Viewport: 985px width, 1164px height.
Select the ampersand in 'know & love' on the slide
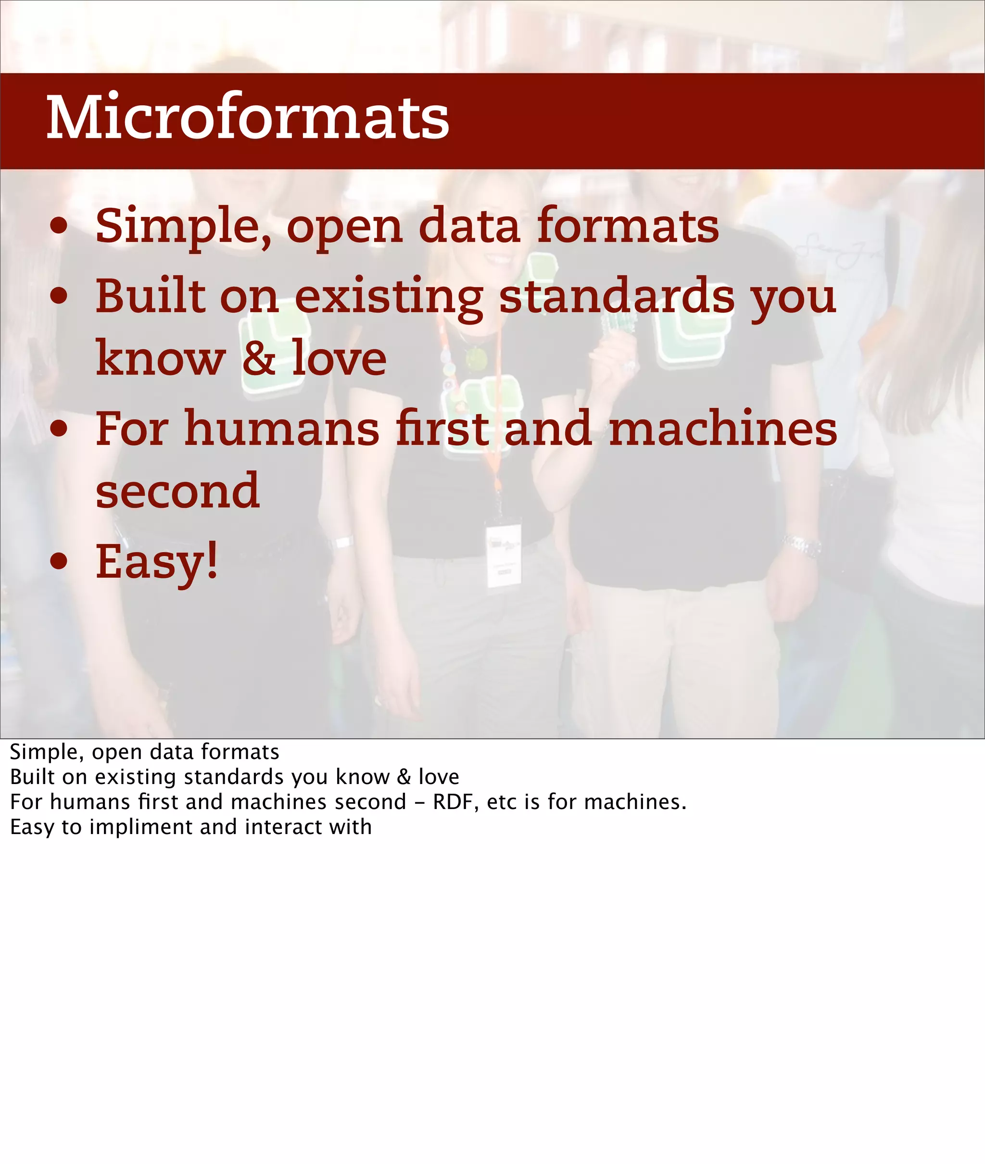tap(259, 358)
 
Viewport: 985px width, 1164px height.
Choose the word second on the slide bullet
tap(177, 491)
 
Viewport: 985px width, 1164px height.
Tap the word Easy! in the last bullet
tap(157, 562)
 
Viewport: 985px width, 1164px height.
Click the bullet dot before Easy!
tap(59, 562)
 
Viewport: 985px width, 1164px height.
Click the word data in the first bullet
tap(469, 226)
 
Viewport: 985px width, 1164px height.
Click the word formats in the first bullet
tap(628, 226)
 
